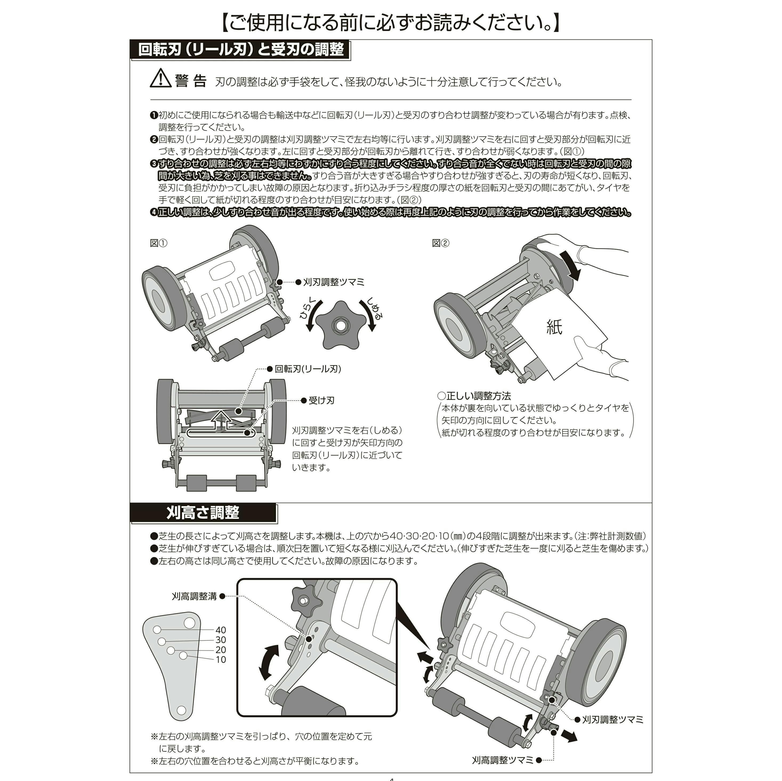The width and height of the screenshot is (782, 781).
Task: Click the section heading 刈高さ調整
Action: click(203, 513)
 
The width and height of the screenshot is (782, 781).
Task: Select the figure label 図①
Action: click(158, 243)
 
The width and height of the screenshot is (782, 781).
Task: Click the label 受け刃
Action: click(321, 400)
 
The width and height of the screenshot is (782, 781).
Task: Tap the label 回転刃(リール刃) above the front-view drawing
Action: click(308, 369)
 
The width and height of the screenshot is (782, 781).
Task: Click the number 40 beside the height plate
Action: click(221, 630)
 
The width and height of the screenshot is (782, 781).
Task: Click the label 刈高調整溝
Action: click(194, 596)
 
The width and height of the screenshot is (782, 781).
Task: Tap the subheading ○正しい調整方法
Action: click(474, 396)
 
